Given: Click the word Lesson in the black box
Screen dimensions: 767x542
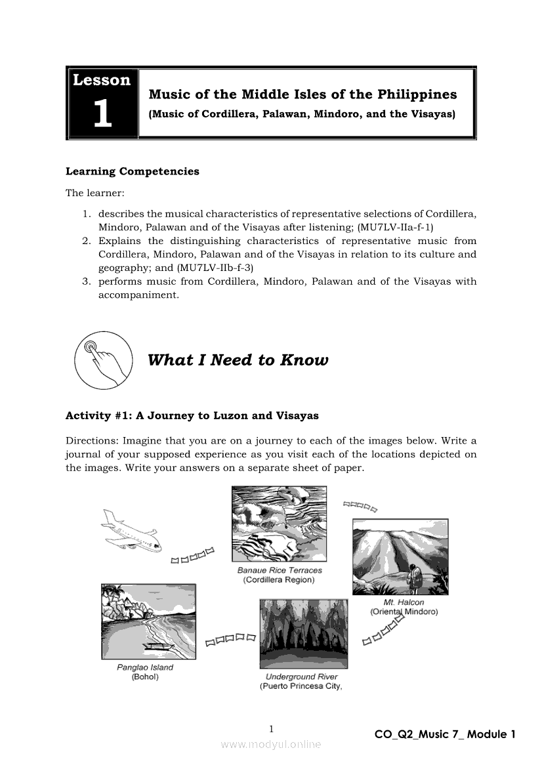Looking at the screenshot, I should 102,80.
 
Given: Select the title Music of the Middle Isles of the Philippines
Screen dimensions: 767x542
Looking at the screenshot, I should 302,94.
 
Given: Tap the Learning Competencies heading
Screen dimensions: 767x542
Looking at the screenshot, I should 133,171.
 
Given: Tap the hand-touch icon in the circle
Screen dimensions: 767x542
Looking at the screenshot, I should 102,361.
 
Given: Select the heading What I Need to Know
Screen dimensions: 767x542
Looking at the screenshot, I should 238,360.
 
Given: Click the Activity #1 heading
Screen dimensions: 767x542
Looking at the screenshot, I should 192,415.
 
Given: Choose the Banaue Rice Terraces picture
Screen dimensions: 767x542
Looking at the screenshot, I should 279,524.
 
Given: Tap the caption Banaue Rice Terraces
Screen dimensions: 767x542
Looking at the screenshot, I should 280,570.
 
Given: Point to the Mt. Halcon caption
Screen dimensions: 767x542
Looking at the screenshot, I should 404,602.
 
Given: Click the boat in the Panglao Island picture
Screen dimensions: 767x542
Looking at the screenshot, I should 157,646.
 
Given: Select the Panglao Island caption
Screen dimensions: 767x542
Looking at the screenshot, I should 145,667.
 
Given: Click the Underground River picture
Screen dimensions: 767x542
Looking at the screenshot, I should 303,633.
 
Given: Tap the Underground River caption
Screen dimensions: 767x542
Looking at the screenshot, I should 302,676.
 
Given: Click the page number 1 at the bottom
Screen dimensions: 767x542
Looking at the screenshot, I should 271,729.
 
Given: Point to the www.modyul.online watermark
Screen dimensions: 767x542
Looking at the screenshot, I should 271,744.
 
